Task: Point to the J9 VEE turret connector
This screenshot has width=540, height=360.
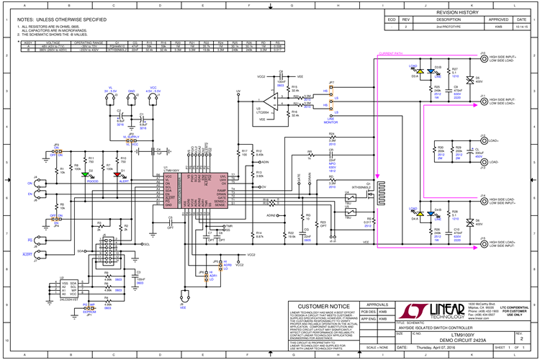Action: pyautogui.click(x=183, y=296)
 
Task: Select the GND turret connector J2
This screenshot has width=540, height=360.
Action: pyautogui.click(x=132, y=100)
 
